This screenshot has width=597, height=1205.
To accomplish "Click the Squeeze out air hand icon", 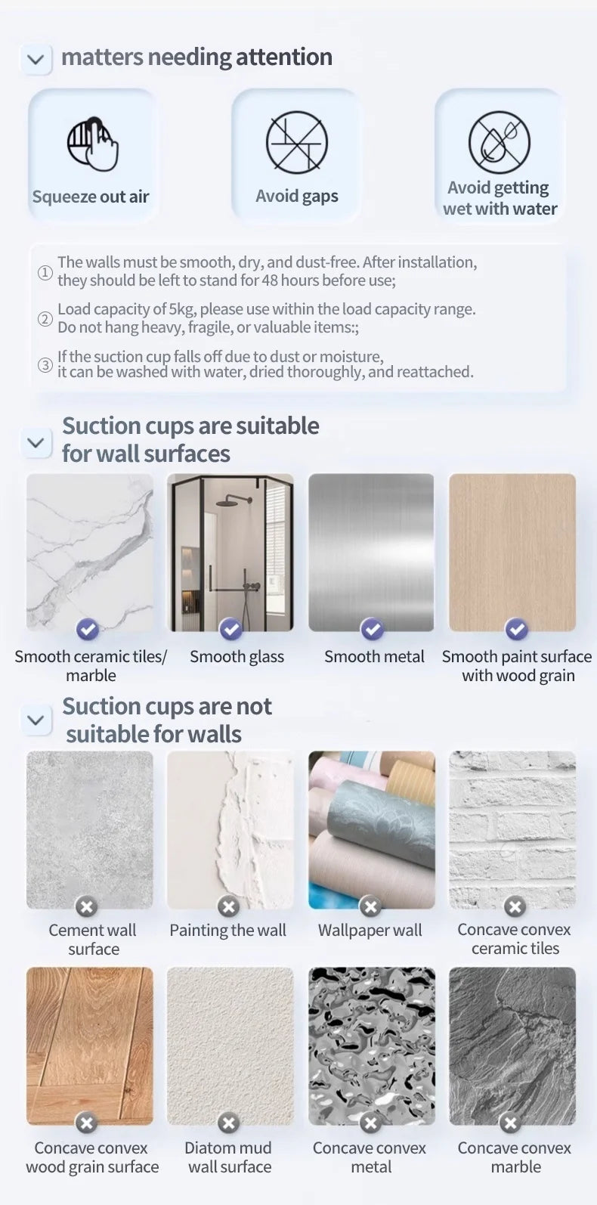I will (x=92, y=144).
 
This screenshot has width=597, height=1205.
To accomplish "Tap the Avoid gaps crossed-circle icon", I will (x=297, y=142).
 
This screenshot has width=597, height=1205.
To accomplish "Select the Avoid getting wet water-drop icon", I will (x=500, y=142).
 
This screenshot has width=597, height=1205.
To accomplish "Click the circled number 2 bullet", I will (x=45, y=319).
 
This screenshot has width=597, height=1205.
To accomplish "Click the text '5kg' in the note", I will (x=181, y=309).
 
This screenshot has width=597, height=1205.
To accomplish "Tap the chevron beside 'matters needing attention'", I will (x=36, y=59).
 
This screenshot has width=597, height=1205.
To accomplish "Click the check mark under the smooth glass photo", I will (x=230, y=629).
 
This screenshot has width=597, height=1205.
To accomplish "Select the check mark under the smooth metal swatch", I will (x=372, y=629).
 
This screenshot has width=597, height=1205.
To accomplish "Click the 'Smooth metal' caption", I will (x=374, y=657).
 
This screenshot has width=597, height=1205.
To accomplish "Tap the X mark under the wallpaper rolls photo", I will (x=370, y=906).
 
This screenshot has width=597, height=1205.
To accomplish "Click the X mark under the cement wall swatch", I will (x=86, y=906).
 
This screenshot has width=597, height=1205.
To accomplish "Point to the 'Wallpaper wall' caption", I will (x=370, y=931).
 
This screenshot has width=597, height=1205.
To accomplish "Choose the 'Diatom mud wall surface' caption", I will (x=229, y=1157).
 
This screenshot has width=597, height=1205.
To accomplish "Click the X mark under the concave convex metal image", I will (x=370, y=1123).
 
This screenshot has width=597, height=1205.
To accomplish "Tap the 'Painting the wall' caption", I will (x=227, y=931).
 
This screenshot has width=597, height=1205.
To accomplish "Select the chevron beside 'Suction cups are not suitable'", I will (x=36, y=720).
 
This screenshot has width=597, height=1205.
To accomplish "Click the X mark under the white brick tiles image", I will (x=515, y=906).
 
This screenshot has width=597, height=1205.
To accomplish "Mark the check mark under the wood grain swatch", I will (x=516, y=629).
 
